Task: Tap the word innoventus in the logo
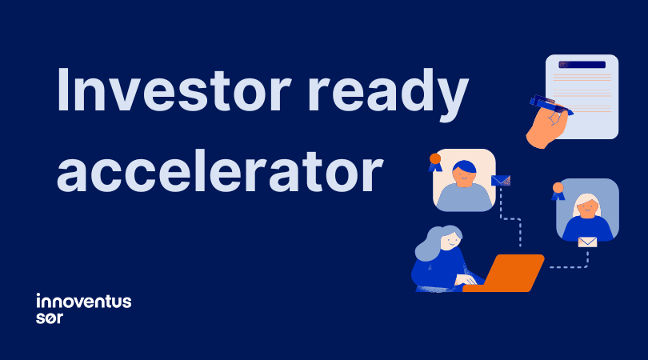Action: (84, 302)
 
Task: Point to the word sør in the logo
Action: (50, 317)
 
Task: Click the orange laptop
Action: (506, 273)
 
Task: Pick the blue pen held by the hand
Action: (550, 106)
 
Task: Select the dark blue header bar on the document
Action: (582, 64)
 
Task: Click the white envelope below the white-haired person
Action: (587, 242)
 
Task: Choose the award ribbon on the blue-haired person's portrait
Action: (435, 162)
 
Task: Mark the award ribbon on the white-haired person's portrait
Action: (558, 191)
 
